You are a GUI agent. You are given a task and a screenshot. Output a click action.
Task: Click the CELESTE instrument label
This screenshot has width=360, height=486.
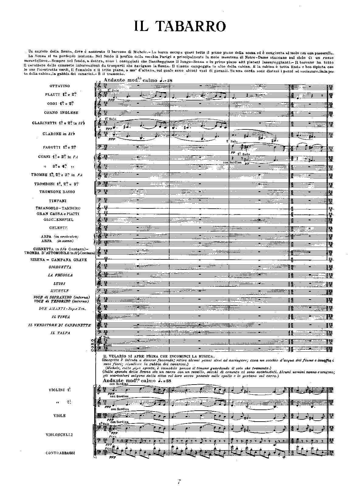(x=58, y=228)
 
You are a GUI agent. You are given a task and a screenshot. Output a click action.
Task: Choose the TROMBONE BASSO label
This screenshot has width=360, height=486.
(x=57, y=192)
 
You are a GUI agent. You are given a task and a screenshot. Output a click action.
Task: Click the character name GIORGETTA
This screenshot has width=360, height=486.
(x=60, y=267)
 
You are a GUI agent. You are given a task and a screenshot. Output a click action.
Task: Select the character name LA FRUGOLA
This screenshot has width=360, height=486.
(x=60, y=275)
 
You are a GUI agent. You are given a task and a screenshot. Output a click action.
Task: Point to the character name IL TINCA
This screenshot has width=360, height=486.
(x=61, y=317)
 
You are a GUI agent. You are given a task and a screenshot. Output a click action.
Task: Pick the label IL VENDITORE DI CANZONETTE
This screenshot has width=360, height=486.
(x=60, y=325)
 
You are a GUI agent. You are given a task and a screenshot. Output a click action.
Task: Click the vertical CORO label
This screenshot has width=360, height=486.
(x=92, y=345)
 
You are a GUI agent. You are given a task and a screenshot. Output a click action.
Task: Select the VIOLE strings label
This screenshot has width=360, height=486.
(x=60, y=416)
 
